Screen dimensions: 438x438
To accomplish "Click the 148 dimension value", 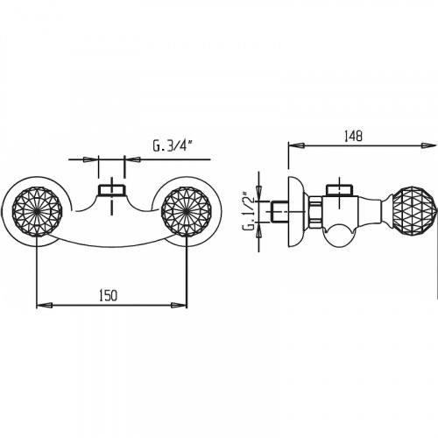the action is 353,136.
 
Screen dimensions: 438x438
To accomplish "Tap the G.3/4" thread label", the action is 173,146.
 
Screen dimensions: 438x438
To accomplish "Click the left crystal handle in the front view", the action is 37,211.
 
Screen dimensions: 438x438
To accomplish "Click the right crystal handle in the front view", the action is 187,211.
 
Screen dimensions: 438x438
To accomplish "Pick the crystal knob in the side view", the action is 414,211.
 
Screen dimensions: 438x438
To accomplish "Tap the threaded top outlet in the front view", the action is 111,190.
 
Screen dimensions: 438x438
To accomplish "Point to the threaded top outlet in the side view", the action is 340,190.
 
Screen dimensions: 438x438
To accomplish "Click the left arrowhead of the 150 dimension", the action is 45,305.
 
